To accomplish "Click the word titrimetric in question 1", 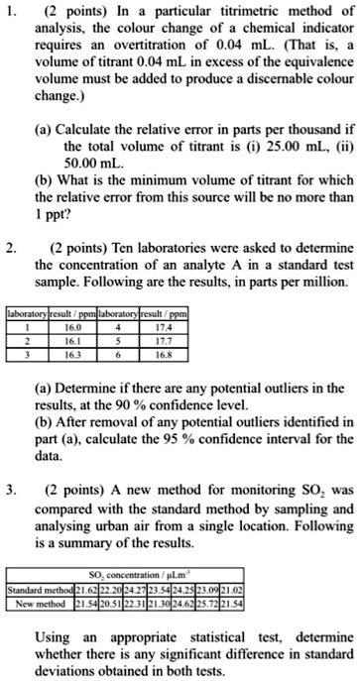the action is point(253,16).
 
